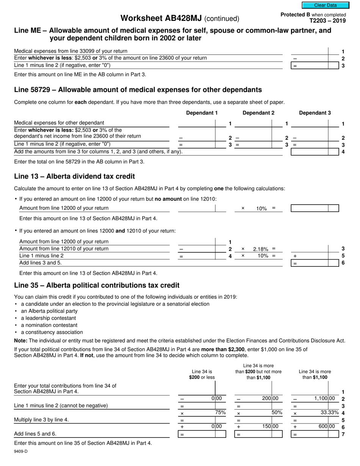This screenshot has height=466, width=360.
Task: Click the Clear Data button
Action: (325, 5)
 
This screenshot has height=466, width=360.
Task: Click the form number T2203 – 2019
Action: (327, 21)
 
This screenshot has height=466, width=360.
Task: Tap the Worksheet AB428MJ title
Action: (162, 18)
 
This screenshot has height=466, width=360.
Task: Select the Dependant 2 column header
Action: (258, 113)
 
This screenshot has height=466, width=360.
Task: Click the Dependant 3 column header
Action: (315, 113)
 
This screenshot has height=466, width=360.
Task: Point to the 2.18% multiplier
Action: (261, 249)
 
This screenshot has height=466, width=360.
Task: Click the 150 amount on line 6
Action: (267, 426)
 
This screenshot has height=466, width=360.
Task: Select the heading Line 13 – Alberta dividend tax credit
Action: (74, 177)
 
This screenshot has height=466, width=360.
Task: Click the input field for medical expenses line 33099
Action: (309, 51)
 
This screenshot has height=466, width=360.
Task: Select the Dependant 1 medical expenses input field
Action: (196, 123)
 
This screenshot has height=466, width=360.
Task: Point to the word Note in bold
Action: (20, 341)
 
